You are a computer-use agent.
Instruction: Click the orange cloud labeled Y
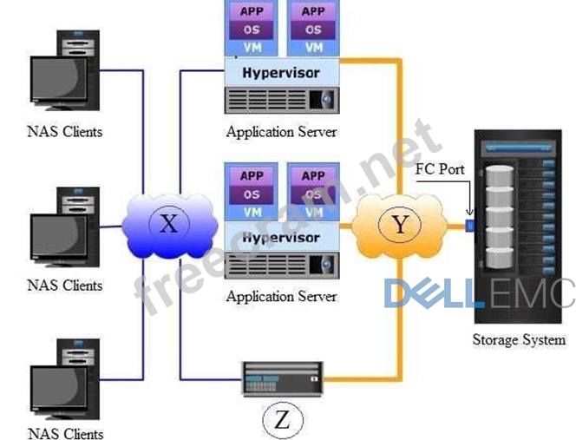[400, 227]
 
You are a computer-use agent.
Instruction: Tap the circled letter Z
[282, 420]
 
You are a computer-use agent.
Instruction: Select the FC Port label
[439, 169]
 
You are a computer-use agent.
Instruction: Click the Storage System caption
[519, 340]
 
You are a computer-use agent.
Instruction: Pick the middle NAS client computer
[64, 229]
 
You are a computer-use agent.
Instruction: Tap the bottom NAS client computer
[64, 378]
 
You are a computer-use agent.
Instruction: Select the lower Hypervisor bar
[280, 238]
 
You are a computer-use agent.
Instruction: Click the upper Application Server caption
[280, 132]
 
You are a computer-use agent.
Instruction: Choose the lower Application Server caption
[280, 297]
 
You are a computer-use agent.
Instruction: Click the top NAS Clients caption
[64, 132]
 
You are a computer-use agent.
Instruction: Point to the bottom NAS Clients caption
[64, 433]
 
